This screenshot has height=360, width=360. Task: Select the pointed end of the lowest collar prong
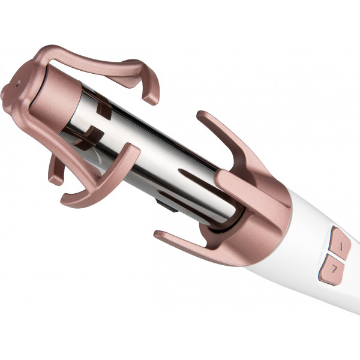click(x=159, y=234)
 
